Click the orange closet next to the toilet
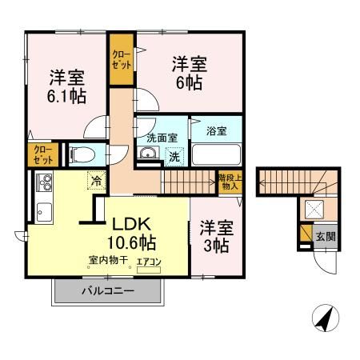[43, 154]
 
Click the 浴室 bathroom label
[216, 130]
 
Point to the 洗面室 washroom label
[160, 136]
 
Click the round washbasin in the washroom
[147, 154]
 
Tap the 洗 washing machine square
[174, 157]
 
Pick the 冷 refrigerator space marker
[95, 181]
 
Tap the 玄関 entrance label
[326, 236]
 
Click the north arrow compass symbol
[322, 318]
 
